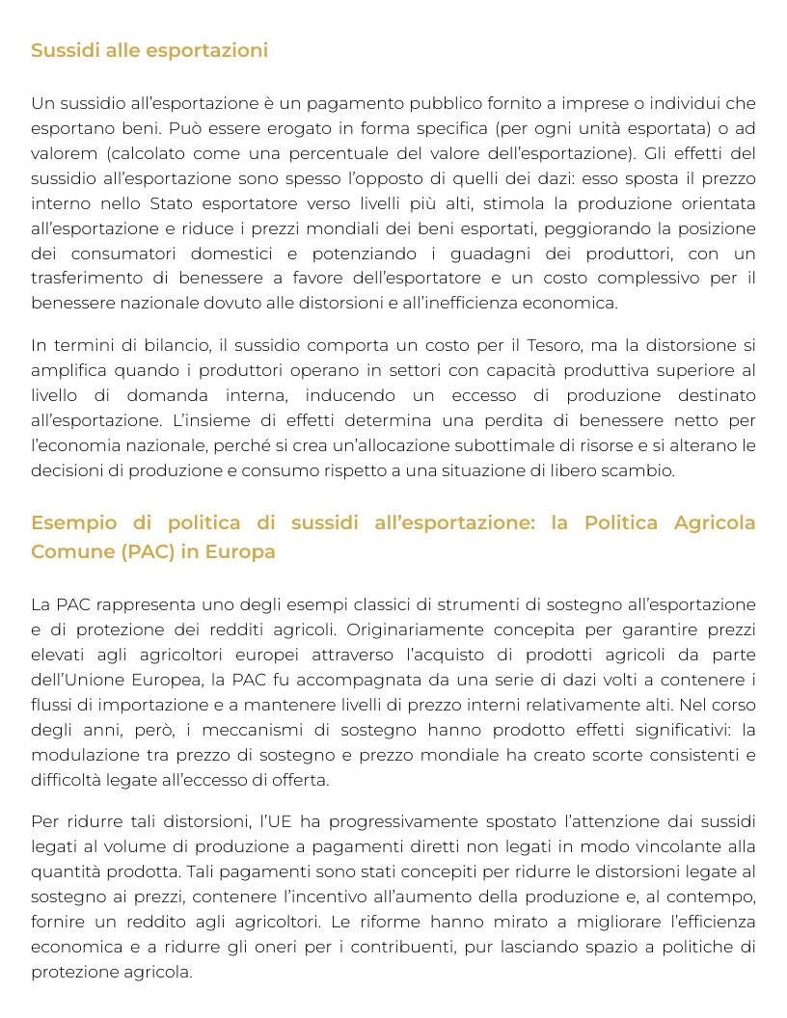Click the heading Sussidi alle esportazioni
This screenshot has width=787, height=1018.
point(149,50)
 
